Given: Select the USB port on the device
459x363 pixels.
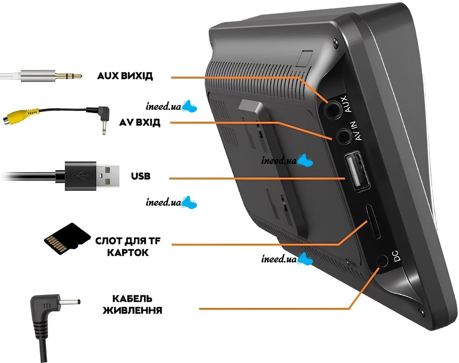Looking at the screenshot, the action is click(357, 171).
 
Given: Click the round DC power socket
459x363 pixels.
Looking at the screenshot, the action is click(382, 261).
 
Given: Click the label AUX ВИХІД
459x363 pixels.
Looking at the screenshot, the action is click(125, 76).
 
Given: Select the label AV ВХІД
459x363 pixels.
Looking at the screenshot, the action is click(140, 123).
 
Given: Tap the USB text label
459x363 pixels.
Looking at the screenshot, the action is click(141, 176).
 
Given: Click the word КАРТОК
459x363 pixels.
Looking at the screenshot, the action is click(128, 253).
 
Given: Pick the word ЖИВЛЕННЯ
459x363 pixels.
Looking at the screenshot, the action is click(132, 310).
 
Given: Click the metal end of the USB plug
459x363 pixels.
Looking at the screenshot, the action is click(108, 176).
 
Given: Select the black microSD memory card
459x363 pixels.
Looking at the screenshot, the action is click(67, 239).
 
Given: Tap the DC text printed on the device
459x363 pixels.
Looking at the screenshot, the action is click(396, 256).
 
